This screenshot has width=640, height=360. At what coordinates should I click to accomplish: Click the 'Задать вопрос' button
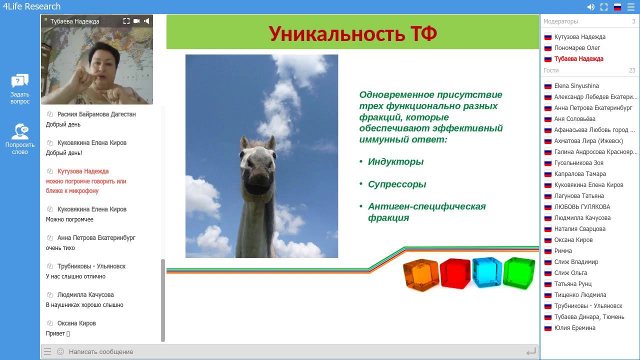(x=20, y=88)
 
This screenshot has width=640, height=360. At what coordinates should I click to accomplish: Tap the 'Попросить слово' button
(x=20, y=138)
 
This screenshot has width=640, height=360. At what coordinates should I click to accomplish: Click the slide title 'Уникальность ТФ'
(x=352, y=33)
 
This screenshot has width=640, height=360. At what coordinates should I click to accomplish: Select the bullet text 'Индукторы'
(x=395, y=161)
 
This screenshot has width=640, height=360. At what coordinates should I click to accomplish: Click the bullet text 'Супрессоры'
(x=397, y=184)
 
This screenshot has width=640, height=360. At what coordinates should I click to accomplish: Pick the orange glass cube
(x=421, y=274)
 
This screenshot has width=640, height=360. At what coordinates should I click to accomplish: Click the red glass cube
(x=455, y=273)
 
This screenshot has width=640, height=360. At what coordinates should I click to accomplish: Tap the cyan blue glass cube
(x=487, y=272)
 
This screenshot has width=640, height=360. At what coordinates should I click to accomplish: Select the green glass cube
(x=519, y=272)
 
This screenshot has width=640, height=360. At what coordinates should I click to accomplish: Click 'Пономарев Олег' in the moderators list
(x=577, y=48)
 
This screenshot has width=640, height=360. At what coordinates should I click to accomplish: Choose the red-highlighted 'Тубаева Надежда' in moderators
(x=578, y=59)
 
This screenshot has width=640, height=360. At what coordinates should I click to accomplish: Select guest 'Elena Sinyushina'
(x=576, y=86)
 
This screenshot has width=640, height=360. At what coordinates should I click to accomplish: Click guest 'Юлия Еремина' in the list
(x=574, y=328)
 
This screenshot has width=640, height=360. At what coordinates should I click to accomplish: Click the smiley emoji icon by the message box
(x=60, y=351)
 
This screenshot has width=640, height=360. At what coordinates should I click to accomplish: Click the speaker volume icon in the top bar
(x=591, y=7)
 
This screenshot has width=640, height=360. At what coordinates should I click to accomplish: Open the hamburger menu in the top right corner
(x=631, y=7)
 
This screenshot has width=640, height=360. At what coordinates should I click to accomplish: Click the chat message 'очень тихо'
(x=60, y=248)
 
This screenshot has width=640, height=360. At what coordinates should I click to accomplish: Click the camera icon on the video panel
(x=136, y=21)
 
